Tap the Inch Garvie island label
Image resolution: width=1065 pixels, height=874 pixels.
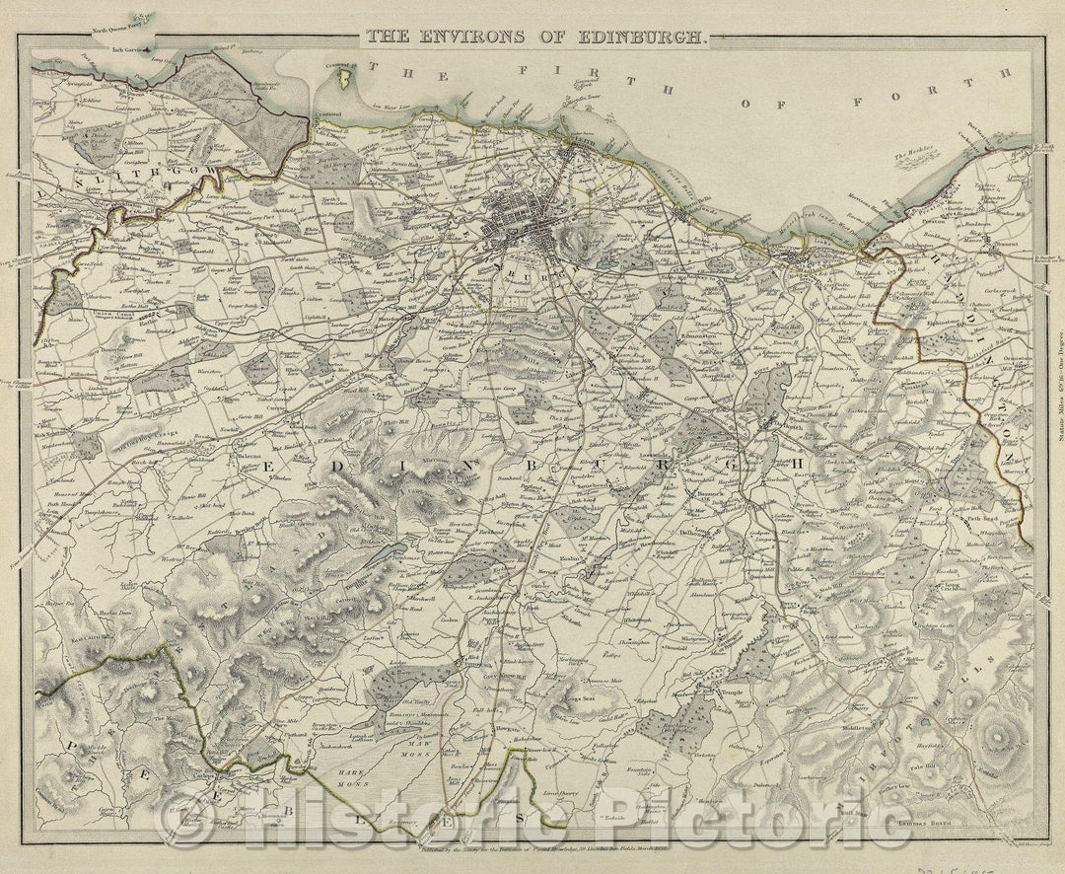coord(129,48)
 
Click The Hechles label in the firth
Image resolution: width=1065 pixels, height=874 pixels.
coord(912,157)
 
